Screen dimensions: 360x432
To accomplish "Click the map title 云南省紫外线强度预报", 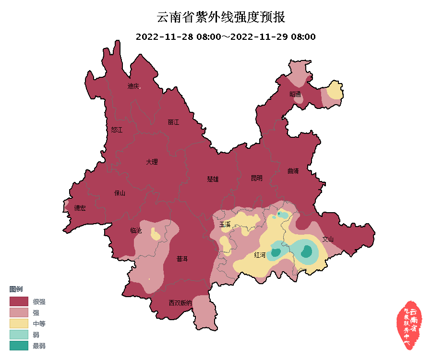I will coord(221,18).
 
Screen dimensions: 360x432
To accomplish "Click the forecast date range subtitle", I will coord(225,37).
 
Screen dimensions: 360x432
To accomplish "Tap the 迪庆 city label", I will coord(133,86).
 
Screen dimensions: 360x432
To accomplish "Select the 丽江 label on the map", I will coord(173,122).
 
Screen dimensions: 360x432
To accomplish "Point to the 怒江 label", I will coord(117,130).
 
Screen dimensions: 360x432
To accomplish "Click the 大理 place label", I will coord(152,162).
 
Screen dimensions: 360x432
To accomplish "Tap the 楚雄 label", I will coord(213,179).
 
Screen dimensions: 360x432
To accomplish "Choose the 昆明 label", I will coord(257,178).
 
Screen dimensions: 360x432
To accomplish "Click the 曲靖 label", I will coord(293,171).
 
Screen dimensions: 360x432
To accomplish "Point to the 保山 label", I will coord(120,193).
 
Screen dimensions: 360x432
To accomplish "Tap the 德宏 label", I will coord(80,208).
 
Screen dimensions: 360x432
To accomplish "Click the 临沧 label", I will coord(136,231).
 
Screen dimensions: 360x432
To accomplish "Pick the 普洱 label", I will coord(182,259).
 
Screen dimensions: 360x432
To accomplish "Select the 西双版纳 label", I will coord(180,303).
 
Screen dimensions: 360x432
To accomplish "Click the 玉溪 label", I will coord(225,224).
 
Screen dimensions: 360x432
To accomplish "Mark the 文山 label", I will coord(327,239).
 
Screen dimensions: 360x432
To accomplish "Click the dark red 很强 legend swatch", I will coord(19,301).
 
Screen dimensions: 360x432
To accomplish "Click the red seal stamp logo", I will coord(409,325).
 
